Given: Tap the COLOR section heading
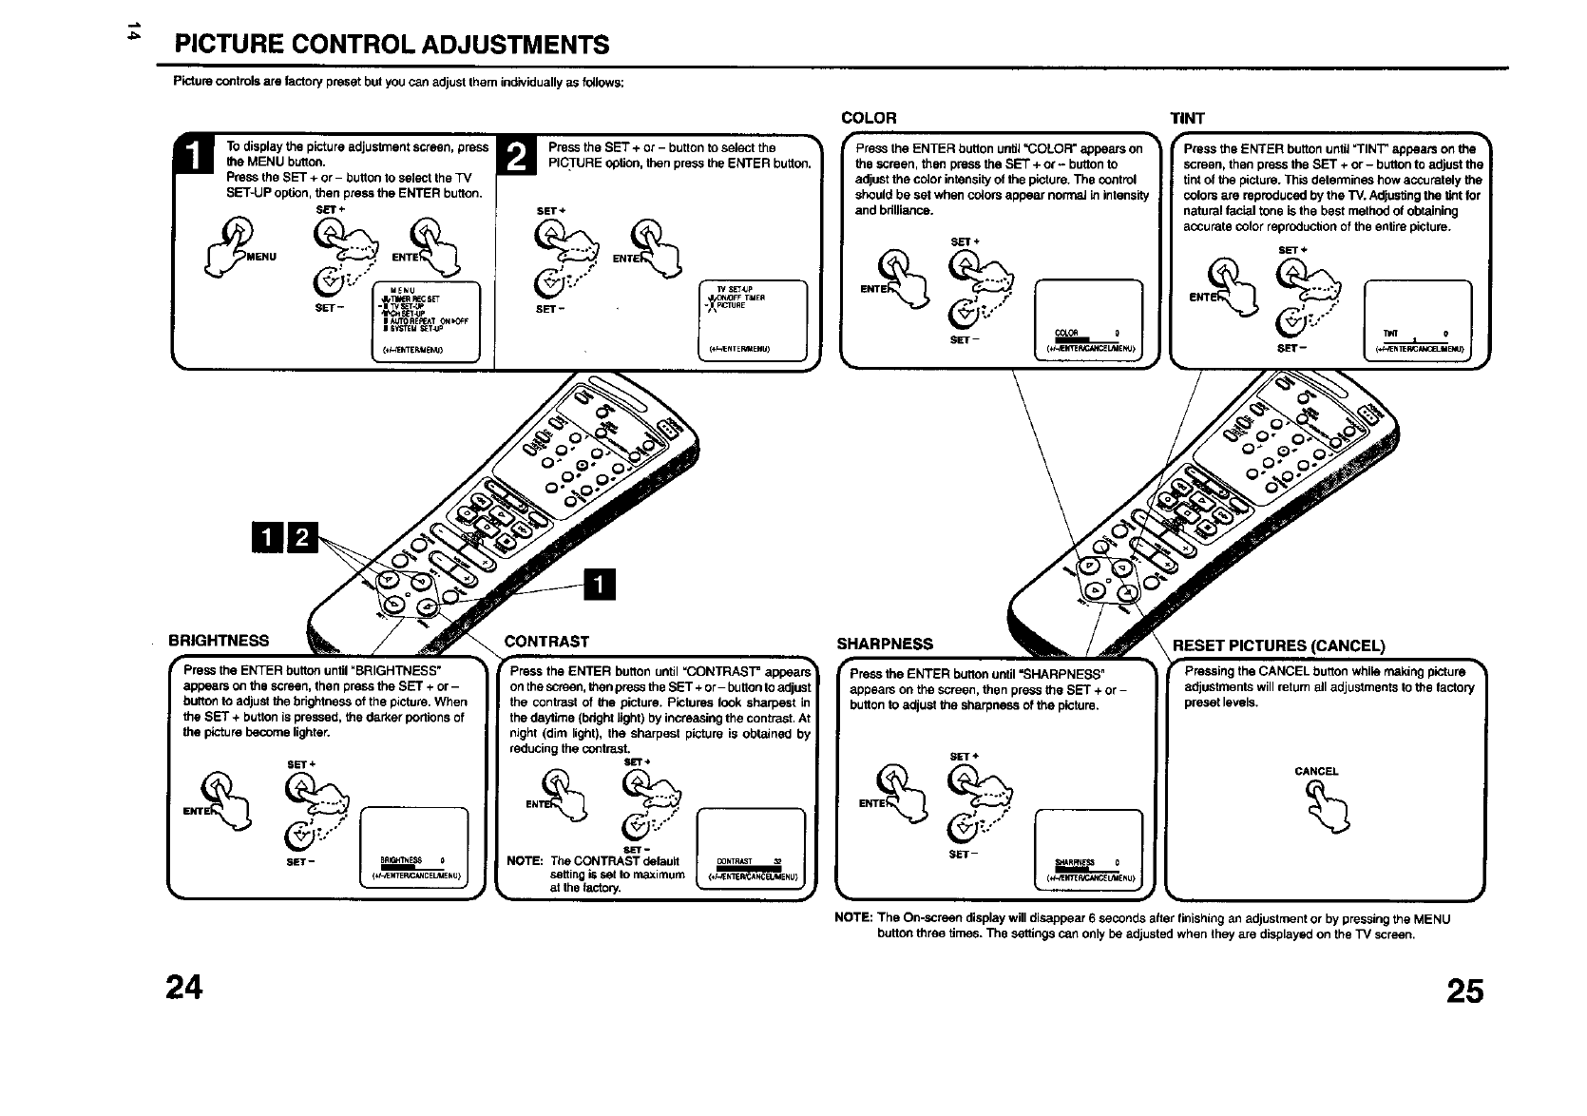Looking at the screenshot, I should tap(869, 118).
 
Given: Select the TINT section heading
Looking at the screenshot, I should tap(1187, 118).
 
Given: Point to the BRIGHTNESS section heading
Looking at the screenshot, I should tap(219, 641).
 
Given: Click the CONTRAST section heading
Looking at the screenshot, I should tap(546, 642).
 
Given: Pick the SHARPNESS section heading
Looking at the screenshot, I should tap(885, 645).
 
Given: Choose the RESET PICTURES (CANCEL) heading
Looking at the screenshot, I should tap(1279, 646).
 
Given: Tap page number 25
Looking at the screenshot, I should tap(1464, 991).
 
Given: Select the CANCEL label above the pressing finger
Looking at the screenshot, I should tap(1316, 771).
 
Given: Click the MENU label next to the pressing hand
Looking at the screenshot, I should tap(261, 257).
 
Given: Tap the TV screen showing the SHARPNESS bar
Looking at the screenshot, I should tap(1088, 847).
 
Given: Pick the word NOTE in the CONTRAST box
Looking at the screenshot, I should tap(525, 861).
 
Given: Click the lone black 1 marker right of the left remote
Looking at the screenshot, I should tap(601, 586).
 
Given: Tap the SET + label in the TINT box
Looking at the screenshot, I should tap(1290, 251).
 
